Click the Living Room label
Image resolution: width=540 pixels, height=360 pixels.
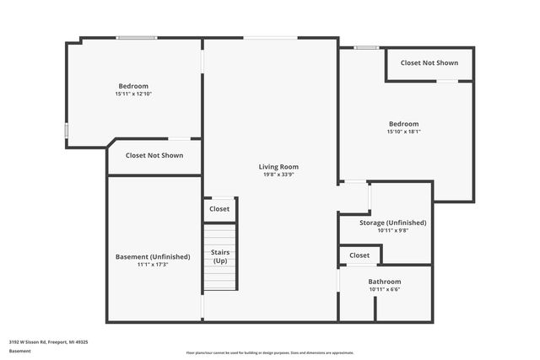click(278, 167)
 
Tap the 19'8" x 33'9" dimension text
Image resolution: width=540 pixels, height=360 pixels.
click(278, 175)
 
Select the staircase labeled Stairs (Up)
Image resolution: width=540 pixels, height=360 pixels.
click(220, 256)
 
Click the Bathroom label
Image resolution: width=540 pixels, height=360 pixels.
click(385, 282)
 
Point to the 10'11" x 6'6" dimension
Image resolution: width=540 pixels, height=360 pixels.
click(385, 290)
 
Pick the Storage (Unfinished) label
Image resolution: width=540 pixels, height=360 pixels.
click(393, 223)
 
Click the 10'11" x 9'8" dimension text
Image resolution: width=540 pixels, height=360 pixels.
click(393, 230)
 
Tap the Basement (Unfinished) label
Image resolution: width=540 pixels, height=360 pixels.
click(153, 256)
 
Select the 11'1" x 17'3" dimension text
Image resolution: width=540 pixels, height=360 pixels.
click(153, 265)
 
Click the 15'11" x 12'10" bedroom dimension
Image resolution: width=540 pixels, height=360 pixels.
click(133, 94)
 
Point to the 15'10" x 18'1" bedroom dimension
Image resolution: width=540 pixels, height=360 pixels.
click(403, 132)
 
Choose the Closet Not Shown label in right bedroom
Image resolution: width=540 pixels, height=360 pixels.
click(429, 63)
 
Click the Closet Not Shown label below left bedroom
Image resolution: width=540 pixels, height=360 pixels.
click(154, 155)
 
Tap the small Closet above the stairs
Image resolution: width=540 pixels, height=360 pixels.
click(219, 209)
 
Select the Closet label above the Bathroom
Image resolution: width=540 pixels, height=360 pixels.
click(359, 255)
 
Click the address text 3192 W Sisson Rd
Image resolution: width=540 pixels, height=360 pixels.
click(49, 342)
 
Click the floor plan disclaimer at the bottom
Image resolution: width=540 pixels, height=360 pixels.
click(270, 352)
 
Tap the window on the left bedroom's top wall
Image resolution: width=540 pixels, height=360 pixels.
click(136, 37)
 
